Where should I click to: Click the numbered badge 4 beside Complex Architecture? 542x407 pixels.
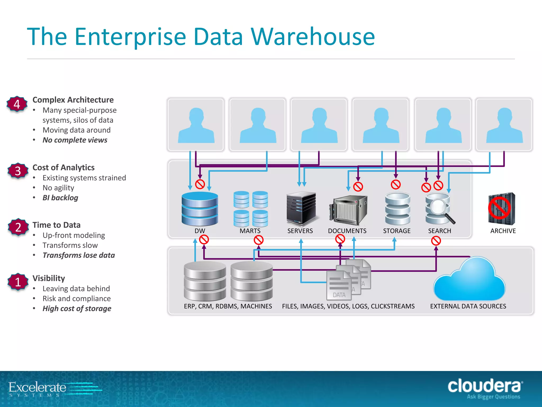point(17,104)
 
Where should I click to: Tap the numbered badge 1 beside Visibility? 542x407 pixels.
point(18,282)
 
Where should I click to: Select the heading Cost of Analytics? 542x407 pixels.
point(64,167)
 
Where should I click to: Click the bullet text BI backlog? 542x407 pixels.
point(60,198)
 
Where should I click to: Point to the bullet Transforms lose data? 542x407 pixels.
point(79,255)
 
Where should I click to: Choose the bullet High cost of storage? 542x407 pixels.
point(77,308)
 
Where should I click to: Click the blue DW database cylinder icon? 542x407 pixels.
point(200,209)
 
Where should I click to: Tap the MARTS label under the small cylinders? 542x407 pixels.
point(250,231)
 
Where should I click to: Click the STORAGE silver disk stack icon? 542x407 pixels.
point(398,209)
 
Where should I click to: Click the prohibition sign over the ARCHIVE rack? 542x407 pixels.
point(499,209)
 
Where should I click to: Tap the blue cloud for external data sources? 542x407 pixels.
point(469,281)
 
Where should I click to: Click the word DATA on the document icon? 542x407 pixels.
point(339,295)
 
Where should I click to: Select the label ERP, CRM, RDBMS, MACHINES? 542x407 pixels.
point(228,306)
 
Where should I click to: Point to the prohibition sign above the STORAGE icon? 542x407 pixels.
point(396,184)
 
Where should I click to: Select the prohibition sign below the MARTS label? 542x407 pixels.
point(259,240)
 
